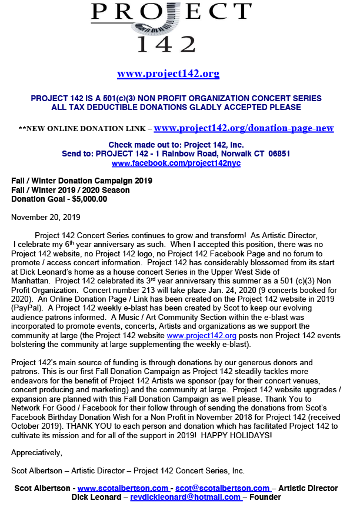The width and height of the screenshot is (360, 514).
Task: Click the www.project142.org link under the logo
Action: tap(168, 74)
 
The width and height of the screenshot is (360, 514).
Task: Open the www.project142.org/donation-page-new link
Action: tap(244, 128)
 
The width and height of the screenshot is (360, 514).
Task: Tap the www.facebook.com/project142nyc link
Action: tap(176, 163)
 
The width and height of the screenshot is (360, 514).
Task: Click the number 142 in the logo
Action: tap(166, 43)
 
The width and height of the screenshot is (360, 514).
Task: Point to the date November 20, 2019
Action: tap(46, 217)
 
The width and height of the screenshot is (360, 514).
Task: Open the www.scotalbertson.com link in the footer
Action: tap(123, 488)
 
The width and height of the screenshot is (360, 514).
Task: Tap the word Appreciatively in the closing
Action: tap(36, 452)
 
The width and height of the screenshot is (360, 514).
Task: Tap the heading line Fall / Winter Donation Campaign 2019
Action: tap(82, 181)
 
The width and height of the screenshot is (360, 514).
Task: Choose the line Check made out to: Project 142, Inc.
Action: tap(175, 145)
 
